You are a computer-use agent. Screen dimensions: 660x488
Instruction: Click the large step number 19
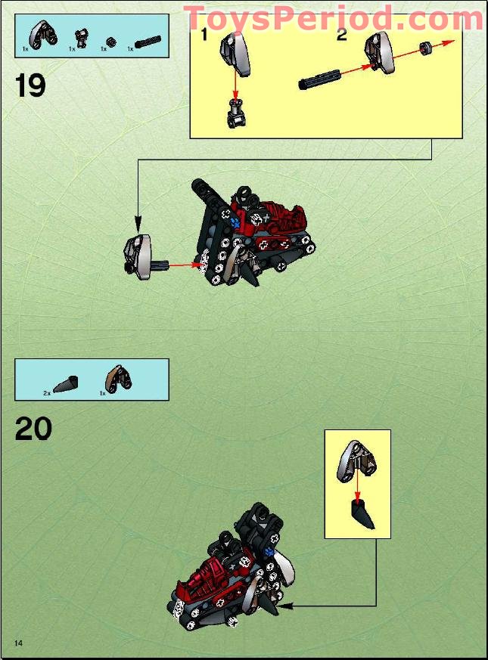[x=30, y=85]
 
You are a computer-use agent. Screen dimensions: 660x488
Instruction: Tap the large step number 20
[x=33, y=429]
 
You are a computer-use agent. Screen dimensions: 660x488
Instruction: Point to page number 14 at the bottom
[x=17, y=643]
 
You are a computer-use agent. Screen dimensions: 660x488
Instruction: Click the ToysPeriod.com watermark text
[x=334, y=18]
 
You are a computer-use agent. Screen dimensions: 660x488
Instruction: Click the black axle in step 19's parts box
[x=148, y=42]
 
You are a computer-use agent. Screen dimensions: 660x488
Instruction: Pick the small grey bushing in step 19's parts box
[x=110, y=41]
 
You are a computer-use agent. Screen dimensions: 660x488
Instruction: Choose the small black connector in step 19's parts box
[x=78, y=38]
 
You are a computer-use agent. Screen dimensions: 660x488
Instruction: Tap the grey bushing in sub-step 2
[x=427, y=49]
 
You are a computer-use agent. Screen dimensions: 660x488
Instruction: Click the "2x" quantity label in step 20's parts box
[x=47, y=393]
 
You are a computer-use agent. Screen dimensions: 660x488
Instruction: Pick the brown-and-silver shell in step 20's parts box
[x=118, y=378]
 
